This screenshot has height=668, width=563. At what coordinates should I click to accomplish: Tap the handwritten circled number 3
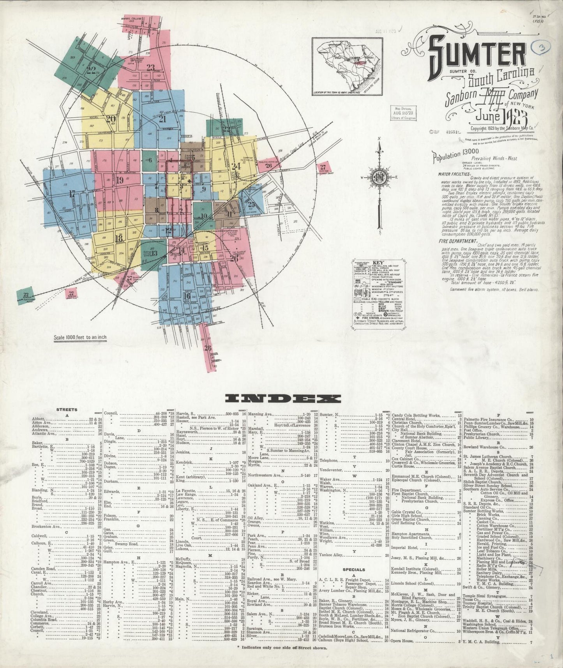540,47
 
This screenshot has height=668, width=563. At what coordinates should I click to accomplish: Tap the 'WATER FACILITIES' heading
454,174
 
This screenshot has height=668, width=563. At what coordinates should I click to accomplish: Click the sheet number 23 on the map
150,67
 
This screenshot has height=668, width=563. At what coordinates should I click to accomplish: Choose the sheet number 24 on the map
235,166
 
